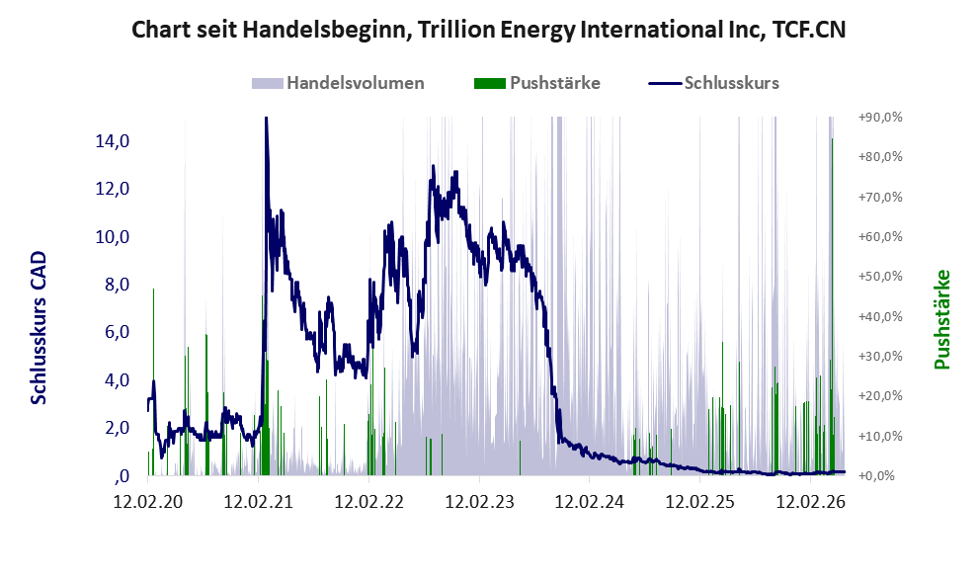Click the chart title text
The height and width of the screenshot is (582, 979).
(x=488, y=30)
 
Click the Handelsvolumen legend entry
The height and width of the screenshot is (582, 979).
(x=338, y=83)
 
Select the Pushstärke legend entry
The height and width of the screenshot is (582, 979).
(x=537, y=83)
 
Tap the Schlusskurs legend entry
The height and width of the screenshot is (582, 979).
(x=713, y=83)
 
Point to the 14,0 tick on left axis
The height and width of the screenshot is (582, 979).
(x=113, y=141)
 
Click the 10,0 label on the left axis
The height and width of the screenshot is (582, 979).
(x=113, y=237)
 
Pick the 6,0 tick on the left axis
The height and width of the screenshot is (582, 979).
(x=117, y=332)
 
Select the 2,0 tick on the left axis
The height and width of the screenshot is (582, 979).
(x=117, y=428)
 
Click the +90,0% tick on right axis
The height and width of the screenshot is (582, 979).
(x=880, y=117)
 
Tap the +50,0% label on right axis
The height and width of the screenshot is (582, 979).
(x=880, y=276)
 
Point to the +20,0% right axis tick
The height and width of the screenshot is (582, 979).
(x=880, y=396)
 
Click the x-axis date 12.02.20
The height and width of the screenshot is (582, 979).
(x=148, y=501)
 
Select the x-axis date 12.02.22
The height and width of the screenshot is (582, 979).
(x=369, y=501)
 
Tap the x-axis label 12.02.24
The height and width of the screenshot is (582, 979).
(x=590, y=501)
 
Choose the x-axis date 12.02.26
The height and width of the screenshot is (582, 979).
(x=810, y=501)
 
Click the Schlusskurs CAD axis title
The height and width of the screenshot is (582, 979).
(x=39, y=328)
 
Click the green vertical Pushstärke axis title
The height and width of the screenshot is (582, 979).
(x=942, y=319)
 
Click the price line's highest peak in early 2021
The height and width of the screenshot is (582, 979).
(x=266, y=118)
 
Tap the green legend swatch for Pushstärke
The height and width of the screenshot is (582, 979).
(x=490, y=84)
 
